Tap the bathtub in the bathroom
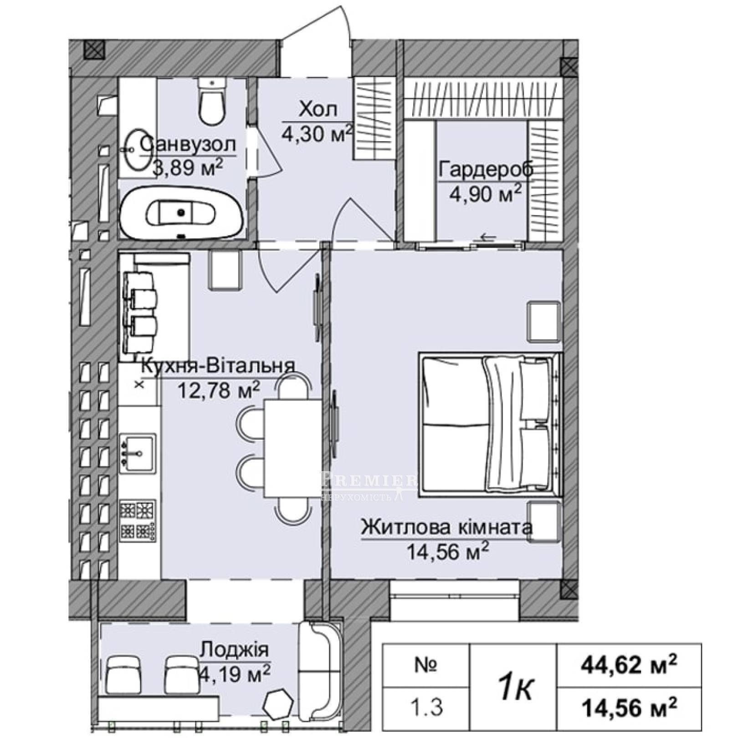tap(182, 213)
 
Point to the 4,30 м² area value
tap(318, 133)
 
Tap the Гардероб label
tap(486, 170)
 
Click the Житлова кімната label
tap(446, 528)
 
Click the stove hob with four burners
tap(138, 520)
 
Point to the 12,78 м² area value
tap(220, 390)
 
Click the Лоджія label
tap(235, 649)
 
